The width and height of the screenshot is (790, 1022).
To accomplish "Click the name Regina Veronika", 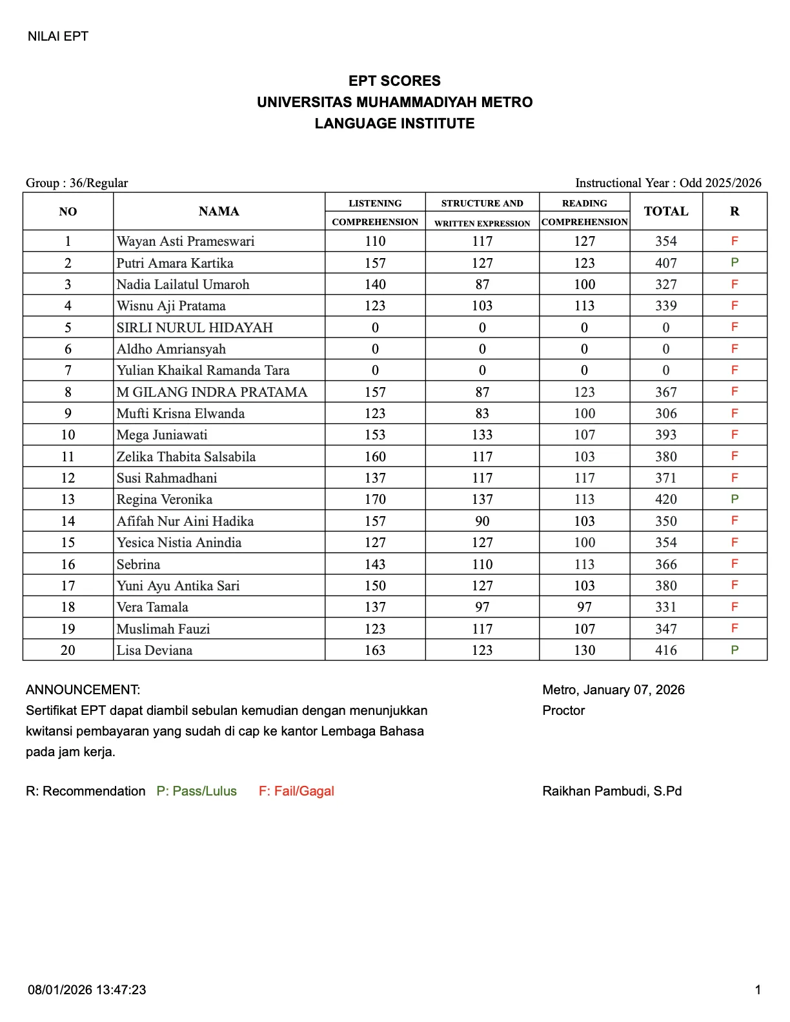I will pos(164,499).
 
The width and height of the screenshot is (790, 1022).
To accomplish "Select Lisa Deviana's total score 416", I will pos(665,650).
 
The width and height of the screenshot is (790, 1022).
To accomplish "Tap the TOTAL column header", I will pos(665,212).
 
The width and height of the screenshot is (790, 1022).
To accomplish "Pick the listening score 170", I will pos(375,499).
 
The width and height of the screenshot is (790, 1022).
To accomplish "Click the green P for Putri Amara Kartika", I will pos(734,263).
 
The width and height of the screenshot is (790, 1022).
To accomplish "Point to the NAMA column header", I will pos(219,212).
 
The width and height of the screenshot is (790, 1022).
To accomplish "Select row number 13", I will pos(68,499).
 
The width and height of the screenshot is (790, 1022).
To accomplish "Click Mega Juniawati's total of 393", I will pos(665,435).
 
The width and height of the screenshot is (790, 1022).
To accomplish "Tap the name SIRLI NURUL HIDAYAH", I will pos(194,328).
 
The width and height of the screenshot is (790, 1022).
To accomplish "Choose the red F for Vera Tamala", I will pos(734,607).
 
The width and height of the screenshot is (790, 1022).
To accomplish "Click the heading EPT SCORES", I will pos(394,81).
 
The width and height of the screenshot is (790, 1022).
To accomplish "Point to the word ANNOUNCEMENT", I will pos(83,690).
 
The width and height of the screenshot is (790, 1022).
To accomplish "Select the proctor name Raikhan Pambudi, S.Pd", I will pos(612,791).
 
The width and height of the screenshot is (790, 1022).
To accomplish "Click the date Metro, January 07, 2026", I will pos(613,690).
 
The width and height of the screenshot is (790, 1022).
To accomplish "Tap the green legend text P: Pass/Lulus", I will pos(196,791).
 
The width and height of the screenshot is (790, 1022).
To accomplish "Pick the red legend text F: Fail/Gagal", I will pos(296,791).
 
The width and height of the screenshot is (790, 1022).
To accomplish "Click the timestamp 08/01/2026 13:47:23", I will pos(86,990).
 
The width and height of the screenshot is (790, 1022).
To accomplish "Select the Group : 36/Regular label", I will pos(77,183).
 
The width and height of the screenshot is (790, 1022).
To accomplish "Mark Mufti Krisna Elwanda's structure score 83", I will pos(482,414).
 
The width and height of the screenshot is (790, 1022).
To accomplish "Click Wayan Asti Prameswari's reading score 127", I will pos(584,241).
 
